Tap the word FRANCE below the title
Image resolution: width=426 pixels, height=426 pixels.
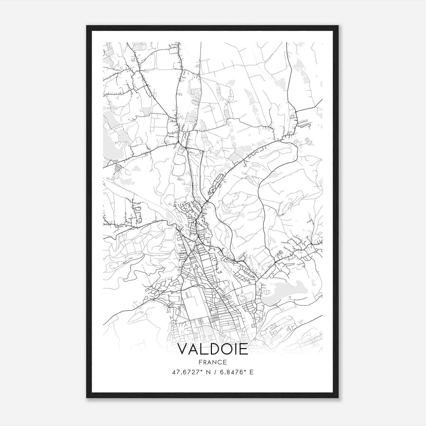tap(212, 362)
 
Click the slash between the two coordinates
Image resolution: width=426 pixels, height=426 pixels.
tap(215, 372)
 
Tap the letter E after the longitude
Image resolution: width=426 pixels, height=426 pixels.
tap(251, 372)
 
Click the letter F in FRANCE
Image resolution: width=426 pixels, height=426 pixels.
tap(200, 362)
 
